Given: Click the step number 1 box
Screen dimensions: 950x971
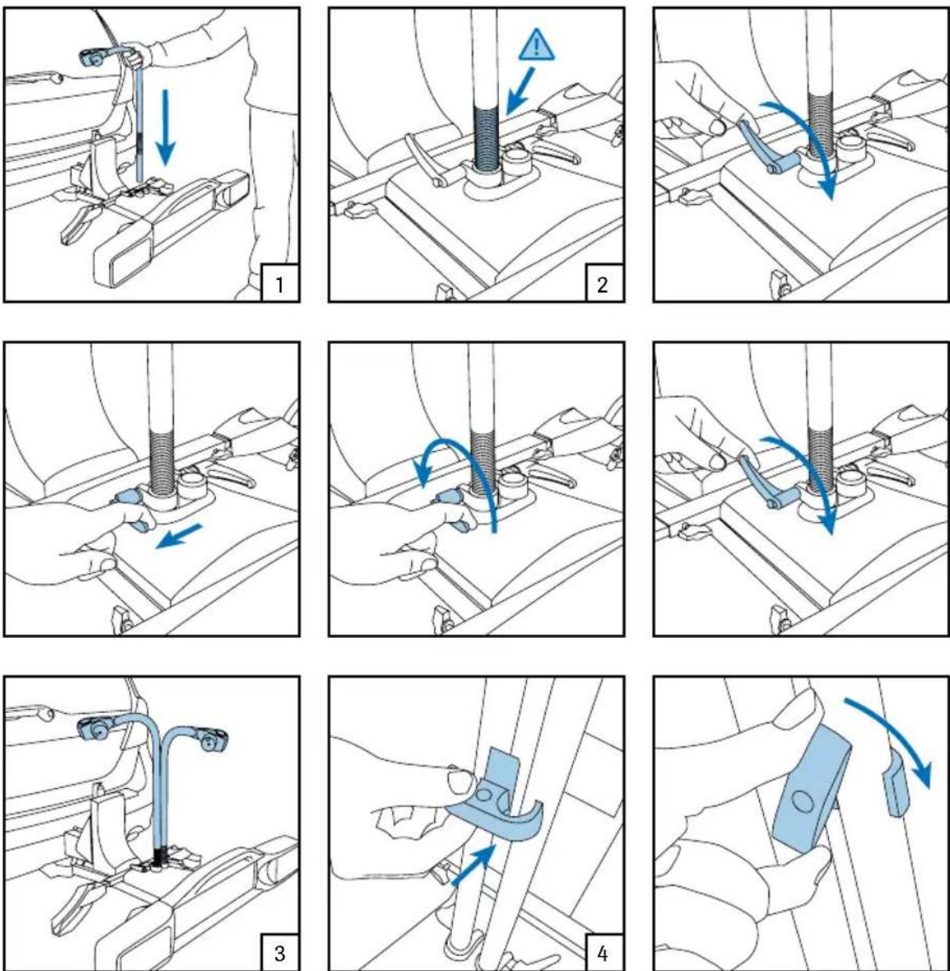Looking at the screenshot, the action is click(280, 284).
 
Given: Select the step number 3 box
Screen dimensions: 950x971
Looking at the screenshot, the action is click(280, 953).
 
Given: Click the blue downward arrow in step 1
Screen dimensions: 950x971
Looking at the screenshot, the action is click(165, 127).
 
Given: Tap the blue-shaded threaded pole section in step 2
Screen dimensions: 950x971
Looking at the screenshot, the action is click(486, 138).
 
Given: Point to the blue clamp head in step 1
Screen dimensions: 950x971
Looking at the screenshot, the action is click(94, 58).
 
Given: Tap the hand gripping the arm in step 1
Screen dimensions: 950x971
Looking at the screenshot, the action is click(137, 56).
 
